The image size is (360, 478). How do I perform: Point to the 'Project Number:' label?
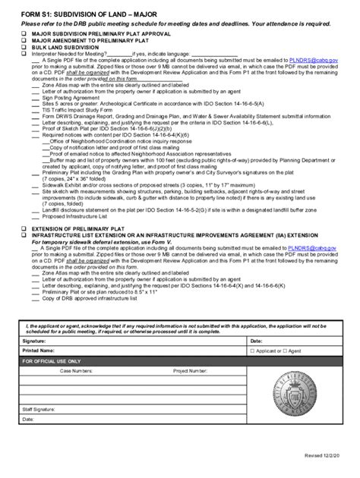(190, 371)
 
